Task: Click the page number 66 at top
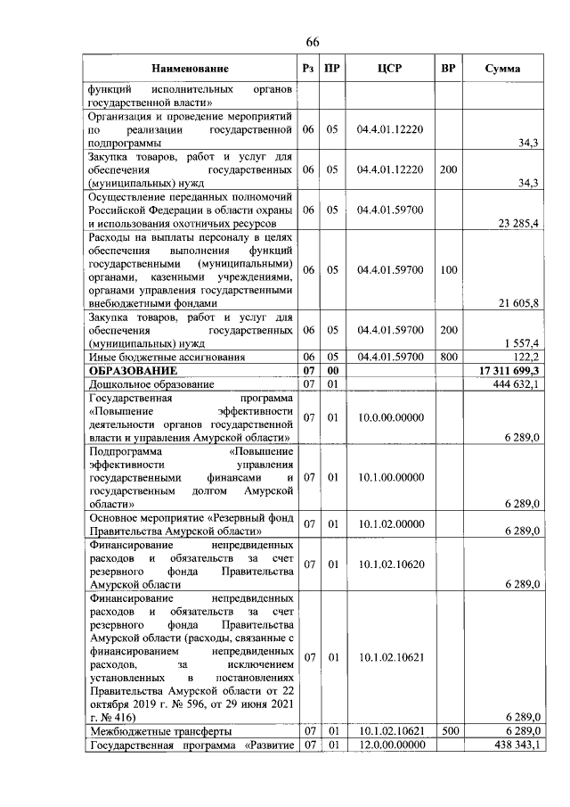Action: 313,42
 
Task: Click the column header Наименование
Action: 190,69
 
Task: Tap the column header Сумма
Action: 503,69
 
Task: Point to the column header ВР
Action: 448,69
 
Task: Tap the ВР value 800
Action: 448,357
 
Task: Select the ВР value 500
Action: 448,731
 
